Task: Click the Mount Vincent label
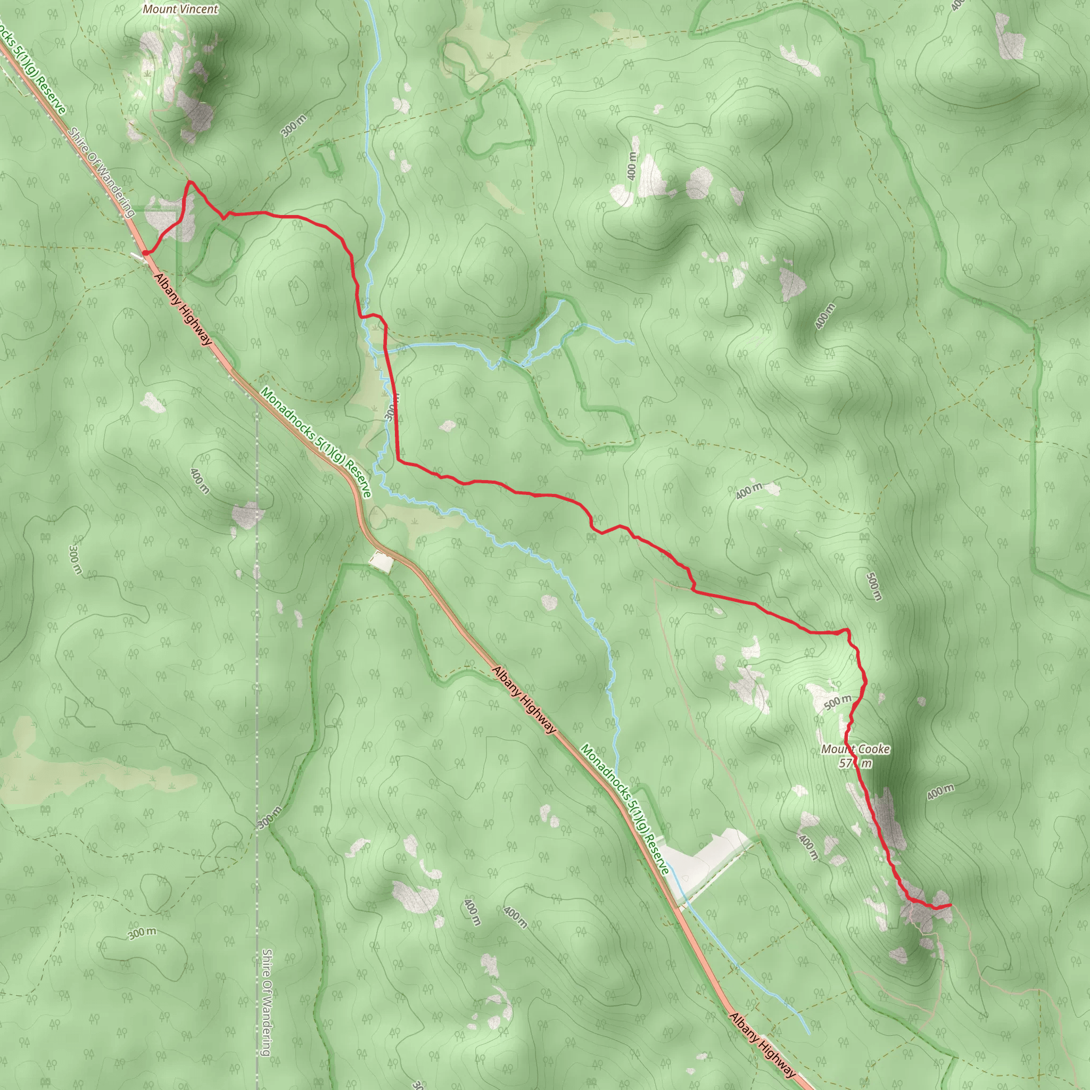point(180,9)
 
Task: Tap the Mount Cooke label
point(855,749)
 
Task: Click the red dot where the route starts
point(145,253)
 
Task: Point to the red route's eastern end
point(951,905)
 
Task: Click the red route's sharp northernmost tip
point(190,181)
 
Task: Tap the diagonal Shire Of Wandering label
point(102,172)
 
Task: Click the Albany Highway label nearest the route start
point(184,309)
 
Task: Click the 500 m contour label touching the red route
point(838,703)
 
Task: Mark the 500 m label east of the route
point(873,587)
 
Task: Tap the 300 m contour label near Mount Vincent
point(293,125)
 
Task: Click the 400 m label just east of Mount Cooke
point(940,792)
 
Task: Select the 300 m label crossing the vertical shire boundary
point(270,817)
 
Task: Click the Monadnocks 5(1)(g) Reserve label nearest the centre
point(316,442)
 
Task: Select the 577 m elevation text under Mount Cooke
point(855,763)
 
